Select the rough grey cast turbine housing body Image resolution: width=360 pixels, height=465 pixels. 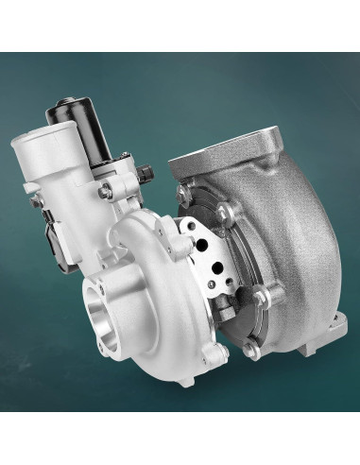293,236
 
